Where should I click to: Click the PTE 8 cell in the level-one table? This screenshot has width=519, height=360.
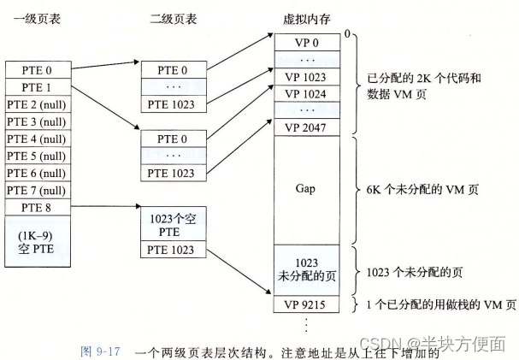(x=37, y=208)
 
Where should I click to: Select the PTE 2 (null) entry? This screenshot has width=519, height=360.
(x=37, y=104)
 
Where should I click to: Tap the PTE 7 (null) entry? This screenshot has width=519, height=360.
(x=37, y=190)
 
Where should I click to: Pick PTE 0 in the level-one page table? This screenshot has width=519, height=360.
(x=37, y=69)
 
